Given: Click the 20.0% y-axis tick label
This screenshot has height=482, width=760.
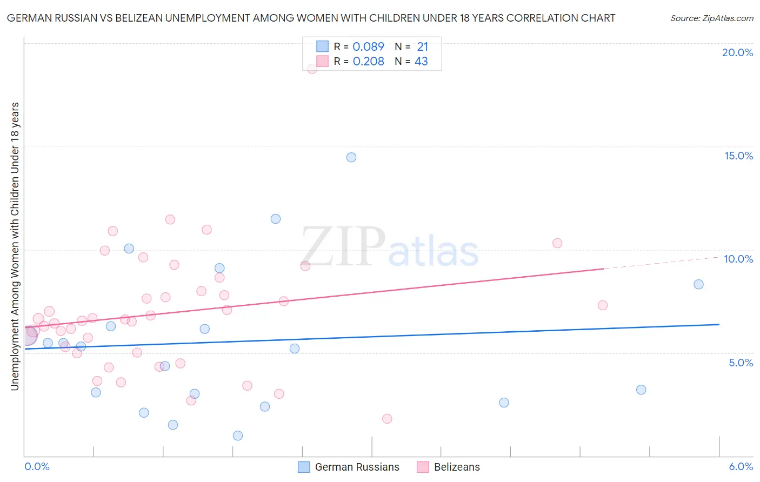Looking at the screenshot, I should coord(737,52).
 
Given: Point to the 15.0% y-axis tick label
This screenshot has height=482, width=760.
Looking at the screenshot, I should coord(738,156).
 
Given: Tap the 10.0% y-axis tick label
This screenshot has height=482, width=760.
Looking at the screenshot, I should coord(738,259).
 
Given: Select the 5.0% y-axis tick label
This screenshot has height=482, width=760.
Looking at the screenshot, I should coord(741,363).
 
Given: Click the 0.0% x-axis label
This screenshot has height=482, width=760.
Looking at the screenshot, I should coord(37,466).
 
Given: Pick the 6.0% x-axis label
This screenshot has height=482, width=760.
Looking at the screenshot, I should coord(741,466).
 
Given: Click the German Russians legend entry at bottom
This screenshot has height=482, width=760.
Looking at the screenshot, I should coord(349,467).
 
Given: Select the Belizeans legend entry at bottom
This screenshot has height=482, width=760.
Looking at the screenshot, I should coord(448,467).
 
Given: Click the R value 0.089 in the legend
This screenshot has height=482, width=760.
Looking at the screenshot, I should coord(368,47).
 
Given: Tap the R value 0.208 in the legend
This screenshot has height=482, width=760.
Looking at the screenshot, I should coord(368,62).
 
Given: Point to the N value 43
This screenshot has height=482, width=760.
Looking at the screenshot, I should coord(421,62).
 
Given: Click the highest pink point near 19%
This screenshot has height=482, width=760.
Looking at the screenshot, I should coord(312,69).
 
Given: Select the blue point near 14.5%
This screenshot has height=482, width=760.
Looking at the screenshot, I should coord(351,157).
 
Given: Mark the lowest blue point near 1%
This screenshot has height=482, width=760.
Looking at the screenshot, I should coord(238,436).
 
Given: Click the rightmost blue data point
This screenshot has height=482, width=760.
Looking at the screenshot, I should coord(698,284).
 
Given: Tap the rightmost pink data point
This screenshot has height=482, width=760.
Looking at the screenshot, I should coord(603,305).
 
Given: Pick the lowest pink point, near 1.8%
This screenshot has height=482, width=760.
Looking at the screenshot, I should coord(387,419).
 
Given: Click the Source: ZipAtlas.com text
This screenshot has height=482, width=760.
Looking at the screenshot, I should coord(711,18).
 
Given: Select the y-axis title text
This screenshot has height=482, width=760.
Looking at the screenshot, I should coord(15,246).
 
